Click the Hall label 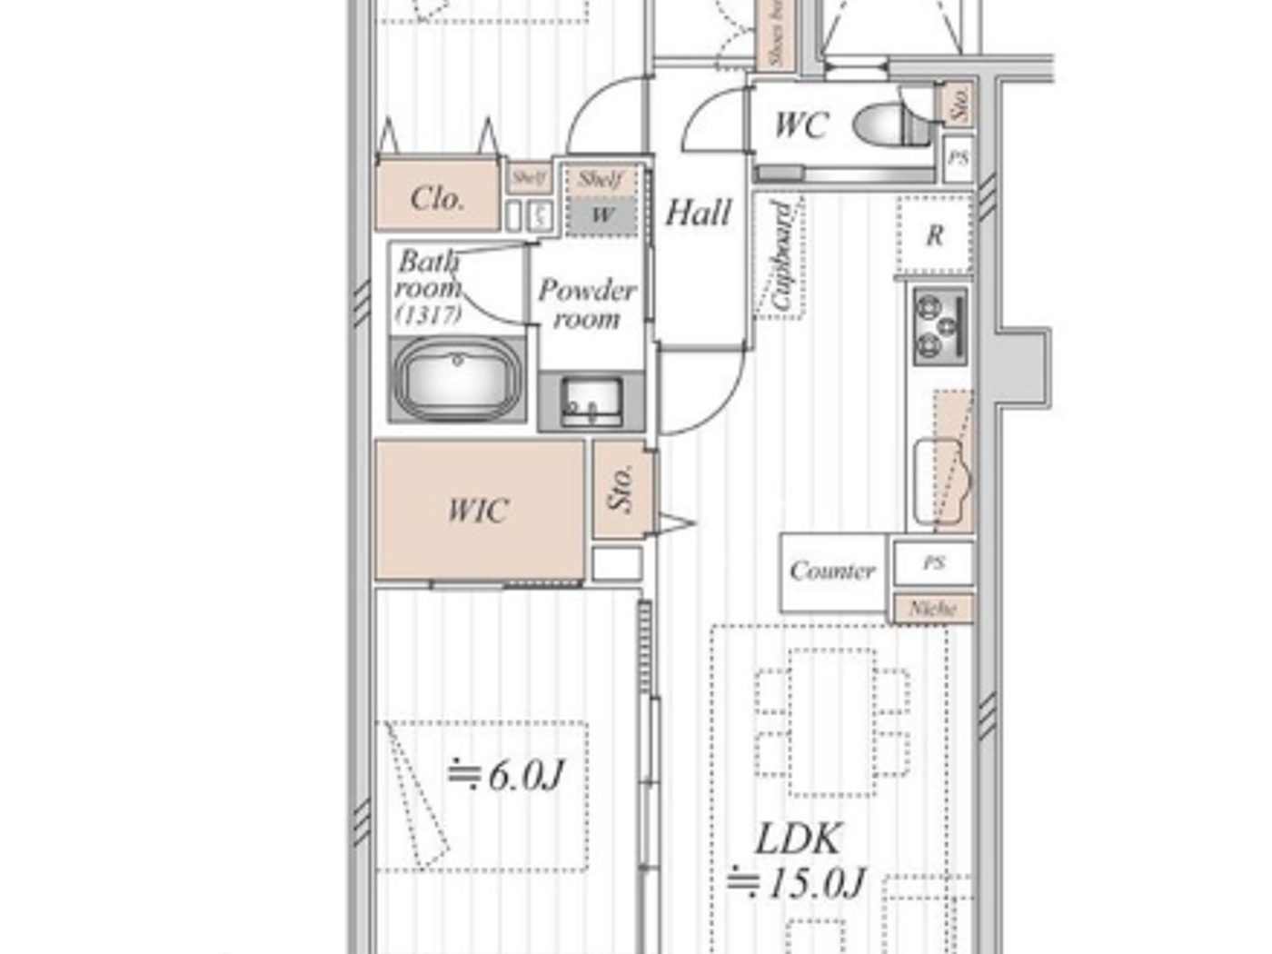pos(698,214)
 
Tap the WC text pos(800,124)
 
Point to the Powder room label pos(587,303)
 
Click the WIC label pos(477,511)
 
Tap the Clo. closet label pos(437,198)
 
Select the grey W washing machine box pos(601,215)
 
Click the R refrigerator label pos(934,235)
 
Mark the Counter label pos(832,571)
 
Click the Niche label pos(933,608)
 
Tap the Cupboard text pos(781,257)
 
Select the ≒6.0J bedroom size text pos(506,775)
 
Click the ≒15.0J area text pos(797,882)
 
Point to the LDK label pos(799,839)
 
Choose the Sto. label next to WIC pos(621,489)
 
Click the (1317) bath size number pos(428,314)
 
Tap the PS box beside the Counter pos(934,562)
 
